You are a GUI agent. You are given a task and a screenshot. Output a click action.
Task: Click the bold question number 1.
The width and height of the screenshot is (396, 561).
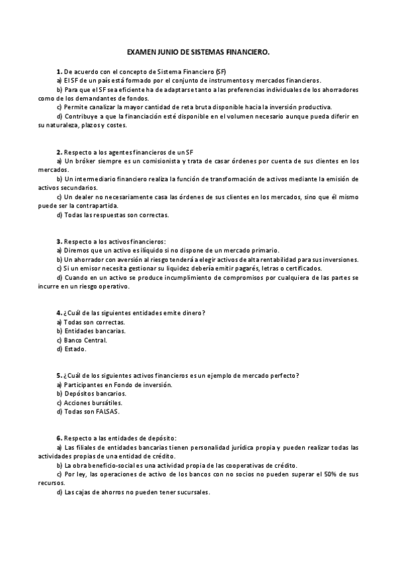[59, 70]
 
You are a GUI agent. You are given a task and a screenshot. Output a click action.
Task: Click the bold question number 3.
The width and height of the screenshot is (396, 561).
[59, 241]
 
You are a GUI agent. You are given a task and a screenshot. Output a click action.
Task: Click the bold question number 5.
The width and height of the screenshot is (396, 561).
[59, 376]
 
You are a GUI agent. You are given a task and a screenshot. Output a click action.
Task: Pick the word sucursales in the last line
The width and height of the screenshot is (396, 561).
[192, 492]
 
